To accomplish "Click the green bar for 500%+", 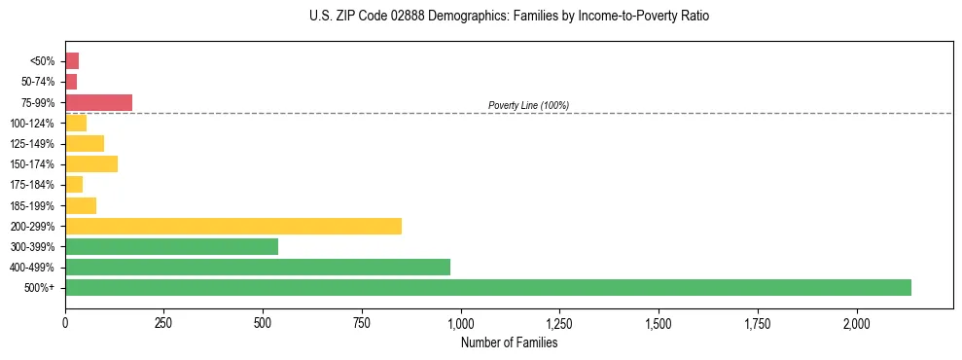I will pyautogui.click(x=488, y=287).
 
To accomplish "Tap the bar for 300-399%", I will pyautogui.click(x=171, y=246).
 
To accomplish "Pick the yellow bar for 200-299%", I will pyautogui.click(x=233, y=226).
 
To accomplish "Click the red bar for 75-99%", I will pyautogui.click(x=98, y=102).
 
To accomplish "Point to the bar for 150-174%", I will pyautogui.click(x=91, y=163).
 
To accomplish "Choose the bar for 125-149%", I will pyautogui.click(x=85, y=143).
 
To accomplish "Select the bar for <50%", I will pyautogui.click(x=72, y=60).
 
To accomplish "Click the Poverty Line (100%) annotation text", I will pyautogui.click(x=528, y=105).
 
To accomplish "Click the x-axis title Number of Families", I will pyautogui.click(x=509, y=342).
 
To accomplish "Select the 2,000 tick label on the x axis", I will pyautogui.click(x=857, y=323).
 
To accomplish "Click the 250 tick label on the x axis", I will pyautogui.click(x=164, y=323).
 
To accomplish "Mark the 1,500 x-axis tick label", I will pyautogui.click(x=659, y=323).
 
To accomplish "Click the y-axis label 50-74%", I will pyautogui.click(x=36, y=82).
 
